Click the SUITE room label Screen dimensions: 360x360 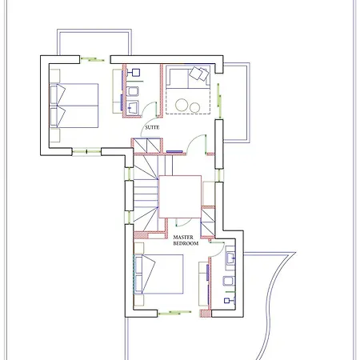pos(152,127)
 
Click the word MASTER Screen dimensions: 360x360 pos(183,237)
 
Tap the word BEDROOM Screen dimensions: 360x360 pos(186,243)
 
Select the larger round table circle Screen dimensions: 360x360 pos(182,105)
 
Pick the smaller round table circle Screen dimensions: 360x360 pos(195,107)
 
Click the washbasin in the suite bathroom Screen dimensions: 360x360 pos(132,107)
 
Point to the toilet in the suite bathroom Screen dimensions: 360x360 pos(132,91)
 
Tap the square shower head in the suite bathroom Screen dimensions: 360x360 pos(136,72)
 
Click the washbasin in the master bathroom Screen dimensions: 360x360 pos(230,258)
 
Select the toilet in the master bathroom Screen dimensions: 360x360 pos(228,281)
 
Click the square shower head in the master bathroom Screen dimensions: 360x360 pos(226,301)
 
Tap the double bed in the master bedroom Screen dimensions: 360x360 pos(159,274)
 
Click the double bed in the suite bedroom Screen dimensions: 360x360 pos(74,106)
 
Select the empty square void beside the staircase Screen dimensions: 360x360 pos(180,197)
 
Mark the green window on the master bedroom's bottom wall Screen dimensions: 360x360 pos(174,313)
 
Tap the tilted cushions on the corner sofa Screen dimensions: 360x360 pos(199,74)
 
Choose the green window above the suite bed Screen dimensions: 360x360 pos(92,59)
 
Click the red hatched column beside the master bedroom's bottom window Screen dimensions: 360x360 pos(206,314)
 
